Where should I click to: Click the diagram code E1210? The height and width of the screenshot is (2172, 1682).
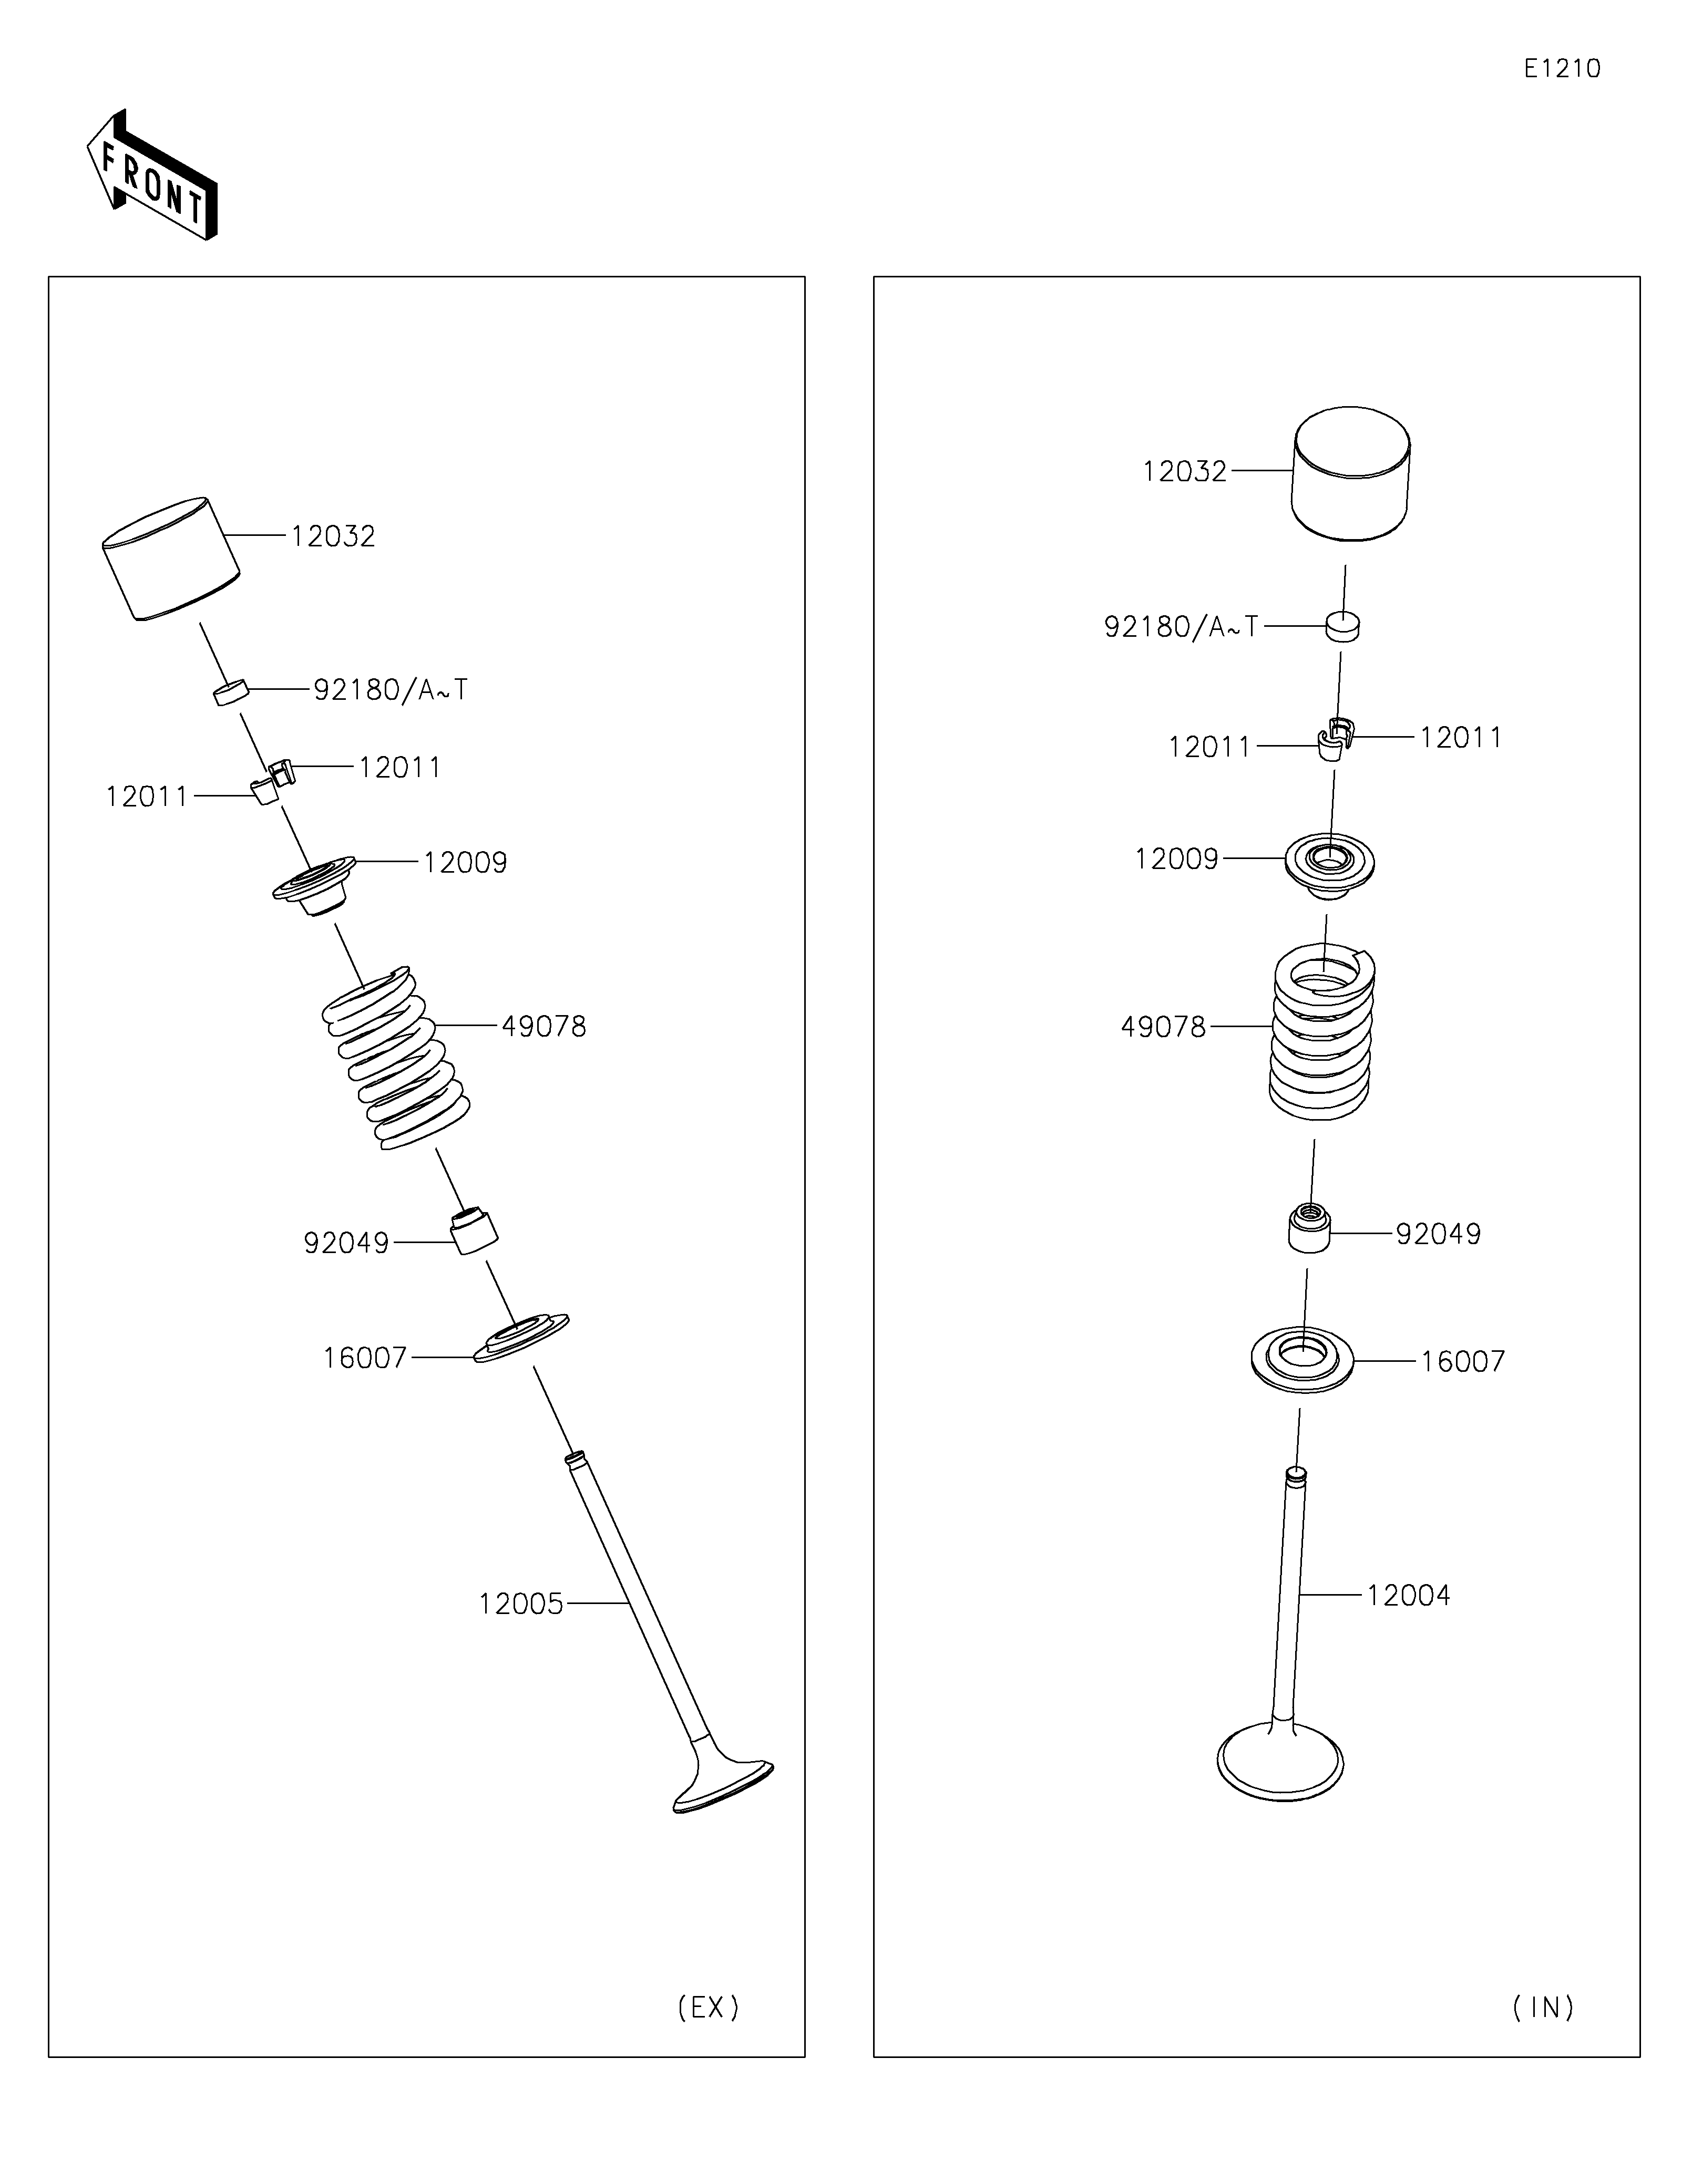(1562, 69)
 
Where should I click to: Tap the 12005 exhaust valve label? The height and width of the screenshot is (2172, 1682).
(520, 1604)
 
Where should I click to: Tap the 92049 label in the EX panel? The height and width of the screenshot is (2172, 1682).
(346, 1243)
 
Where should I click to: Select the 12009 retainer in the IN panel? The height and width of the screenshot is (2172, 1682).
(1330, 862)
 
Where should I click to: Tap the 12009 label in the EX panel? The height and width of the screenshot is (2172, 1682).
(465, 862)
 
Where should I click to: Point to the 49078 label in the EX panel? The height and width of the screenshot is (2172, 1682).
(543, 1026)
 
